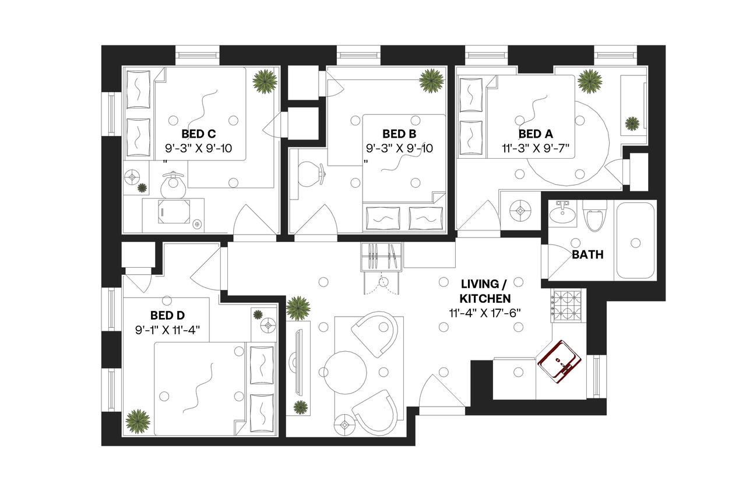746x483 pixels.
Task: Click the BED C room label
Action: pos(199,132)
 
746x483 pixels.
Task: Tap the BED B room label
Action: pos(399,132)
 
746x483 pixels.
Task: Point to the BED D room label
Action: pos(167,316)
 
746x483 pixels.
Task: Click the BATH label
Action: pos(587,254)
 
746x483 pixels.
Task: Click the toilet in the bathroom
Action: pos(594,215)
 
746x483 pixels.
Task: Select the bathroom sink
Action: pos(562,214)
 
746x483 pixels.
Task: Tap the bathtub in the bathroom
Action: pos(636,240)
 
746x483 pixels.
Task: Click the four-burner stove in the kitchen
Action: pos(563,307)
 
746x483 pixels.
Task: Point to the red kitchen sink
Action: pos(559,361)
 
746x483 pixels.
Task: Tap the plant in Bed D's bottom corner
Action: pos(138,420)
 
